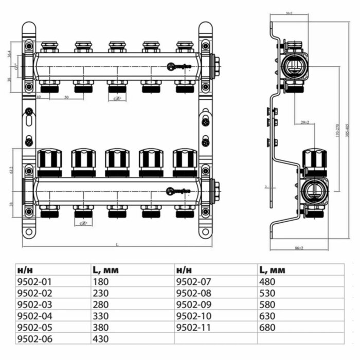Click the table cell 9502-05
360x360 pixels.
[34, 327]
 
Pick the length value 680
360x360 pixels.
[268, 327]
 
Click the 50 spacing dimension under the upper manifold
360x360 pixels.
[66, 97]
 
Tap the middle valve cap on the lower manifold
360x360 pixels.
[117, 161]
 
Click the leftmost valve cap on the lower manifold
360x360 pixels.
[50, 161]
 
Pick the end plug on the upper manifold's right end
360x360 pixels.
[217, 65]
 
